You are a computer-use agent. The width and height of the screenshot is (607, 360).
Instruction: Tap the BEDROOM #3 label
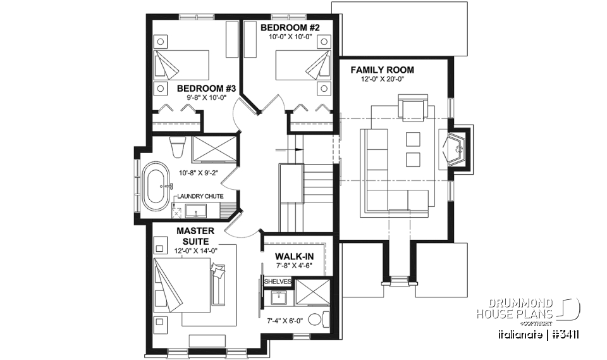206,89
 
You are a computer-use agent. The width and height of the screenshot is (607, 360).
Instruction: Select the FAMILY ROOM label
383,69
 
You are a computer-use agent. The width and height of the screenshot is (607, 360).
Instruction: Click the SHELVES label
278,281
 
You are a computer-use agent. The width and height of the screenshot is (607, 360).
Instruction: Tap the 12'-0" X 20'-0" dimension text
383,79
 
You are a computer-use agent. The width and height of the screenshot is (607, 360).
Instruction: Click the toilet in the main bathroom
177,148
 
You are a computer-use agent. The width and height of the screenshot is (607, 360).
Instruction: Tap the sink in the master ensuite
279,298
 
